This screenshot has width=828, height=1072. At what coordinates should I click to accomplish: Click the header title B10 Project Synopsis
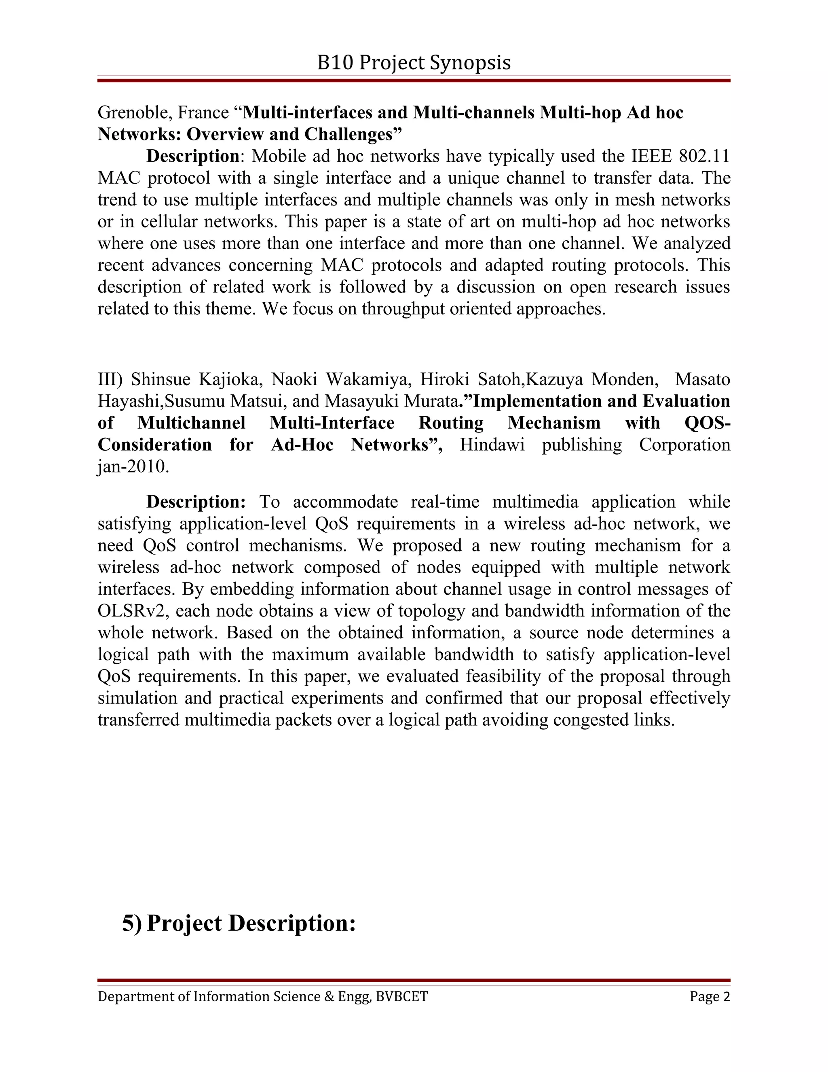point(414,63)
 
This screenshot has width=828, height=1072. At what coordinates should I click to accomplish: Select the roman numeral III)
point(111,379)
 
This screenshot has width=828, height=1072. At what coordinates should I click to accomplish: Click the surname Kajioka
point(230,379)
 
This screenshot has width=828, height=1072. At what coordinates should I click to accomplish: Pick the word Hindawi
point(492,445)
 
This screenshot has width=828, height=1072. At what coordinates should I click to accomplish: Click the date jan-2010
point(133,466)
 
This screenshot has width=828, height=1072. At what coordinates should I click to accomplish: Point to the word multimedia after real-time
point(534,502)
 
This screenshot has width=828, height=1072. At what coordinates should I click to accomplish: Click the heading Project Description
point(251,923)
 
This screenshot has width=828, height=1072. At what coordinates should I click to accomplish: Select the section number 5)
point(131,923)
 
